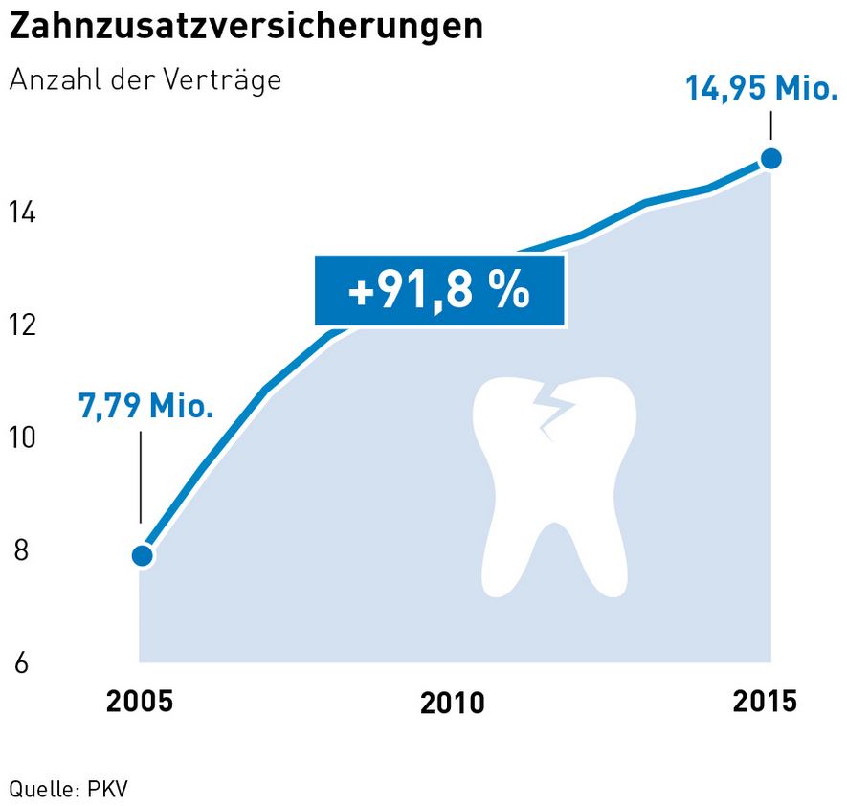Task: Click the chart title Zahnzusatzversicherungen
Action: point(245,27)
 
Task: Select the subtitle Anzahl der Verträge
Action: point(145,80)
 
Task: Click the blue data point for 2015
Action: point(770,159)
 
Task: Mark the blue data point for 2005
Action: point(143,555)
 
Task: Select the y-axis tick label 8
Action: point(21,551)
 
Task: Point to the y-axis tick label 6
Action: point(21,663)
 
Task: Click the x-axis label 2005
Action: point(141,701)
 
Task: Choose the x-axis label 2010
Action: point(453,704)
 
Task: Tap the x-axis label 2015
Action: point(765,701)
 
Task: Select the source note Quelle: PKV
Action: point(68,790)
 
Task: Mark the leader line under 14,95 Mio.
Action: point(770,127)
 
